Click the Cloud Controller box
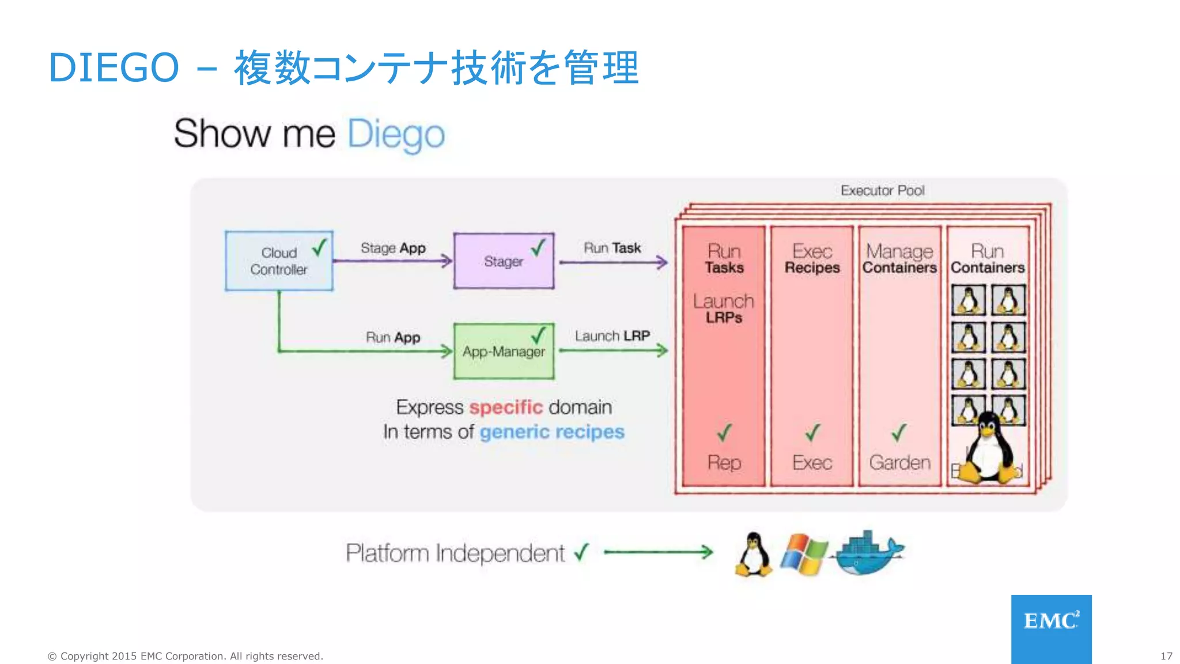(x=279, y=261)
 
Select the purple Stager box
(x=504, y=261)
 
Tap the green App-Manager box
(x=504, y=351)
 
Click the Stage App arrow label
(x=393, y=248)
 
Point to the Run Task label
(x=612, y=248)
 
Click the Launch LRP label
(x=612, y=335)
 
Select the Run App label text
(x=393, y=337)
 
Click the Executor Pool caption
(x=882, y=190)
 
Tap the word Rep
(x=724, y=462)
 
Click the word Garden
(x=899, y=462)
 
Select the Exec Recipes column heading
(x=812, y=259)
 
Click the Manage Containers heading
(x=899, y=259)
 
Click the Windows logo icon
(x=804, y=554)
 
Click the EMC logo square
(x=1051, y=628)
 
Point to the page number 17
(x=1166, y=656)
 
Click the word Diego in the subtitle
(x=396, y=134)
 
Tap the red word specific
(x=506, y=407)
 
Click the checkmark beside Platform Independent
(x=582, y=552)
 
